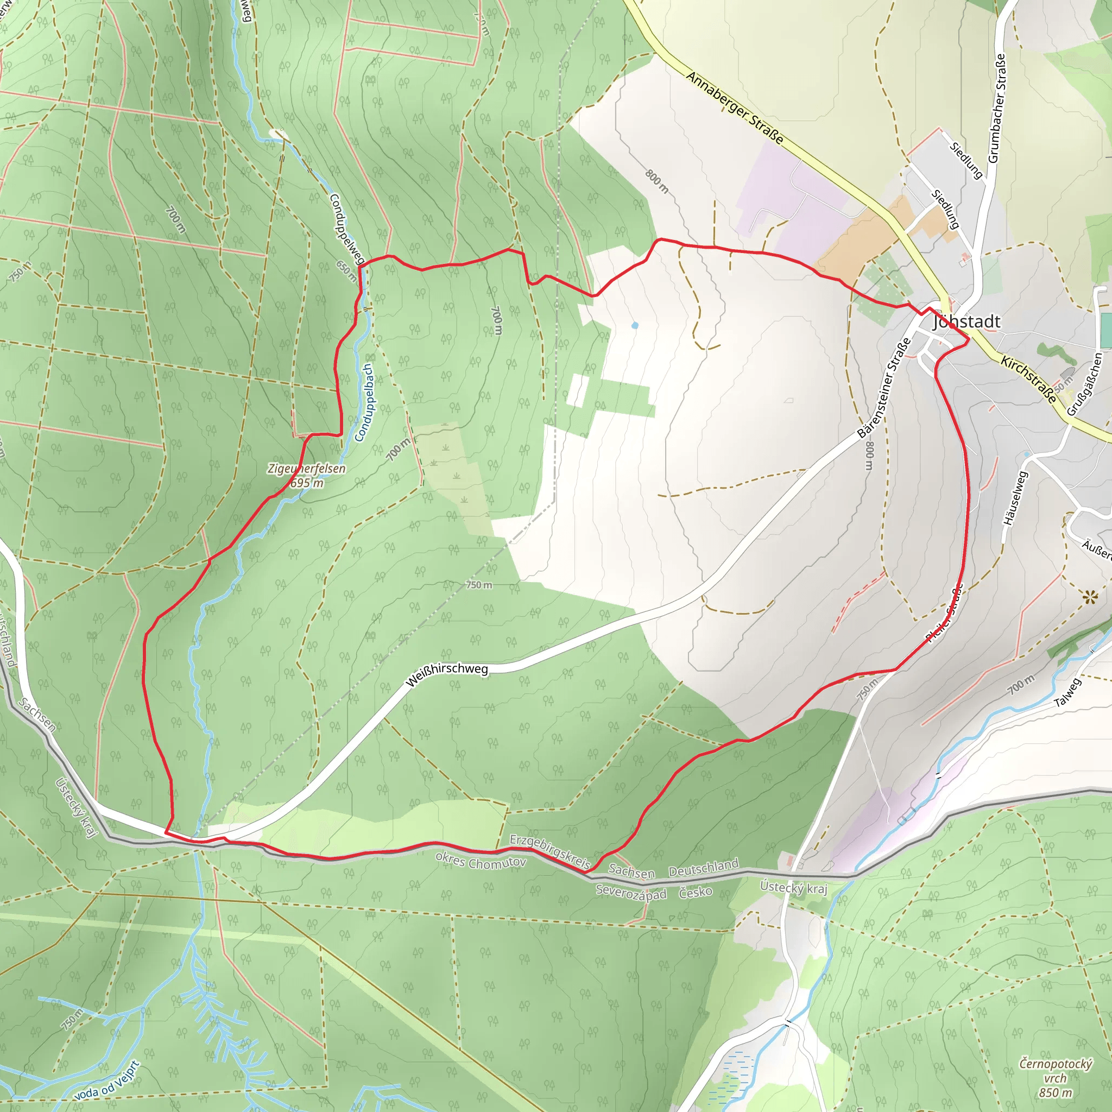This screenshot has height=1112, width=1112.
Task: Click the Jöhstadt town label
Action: click(x=967, y=322)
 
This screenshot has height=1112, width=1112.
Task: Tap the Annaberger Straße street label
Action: click(x=735, y=108)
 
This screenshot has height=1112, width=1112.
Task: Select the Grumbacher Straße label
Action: click(x=997, y=108)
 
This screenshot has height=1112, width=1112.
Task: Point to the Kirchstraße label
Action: click(x=1029, y=380)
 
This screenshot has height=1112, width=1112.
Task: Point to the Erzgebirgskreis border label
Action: click(x=550, y=852)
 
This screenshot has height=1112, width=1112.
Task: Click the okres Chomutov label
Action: click(x=481, y=861)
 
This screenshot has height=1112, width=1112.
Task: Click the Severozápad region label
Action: click(x=631, y=893)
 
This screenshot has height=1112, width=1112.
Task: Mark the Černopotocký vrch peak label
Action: click(x=1055, y=1077)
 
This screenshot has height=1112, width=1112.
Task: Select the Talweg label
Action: click(x=1068, y=692)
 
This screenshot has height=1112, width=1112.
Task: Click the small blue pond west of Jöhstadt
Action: click(x=635, y=326)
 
